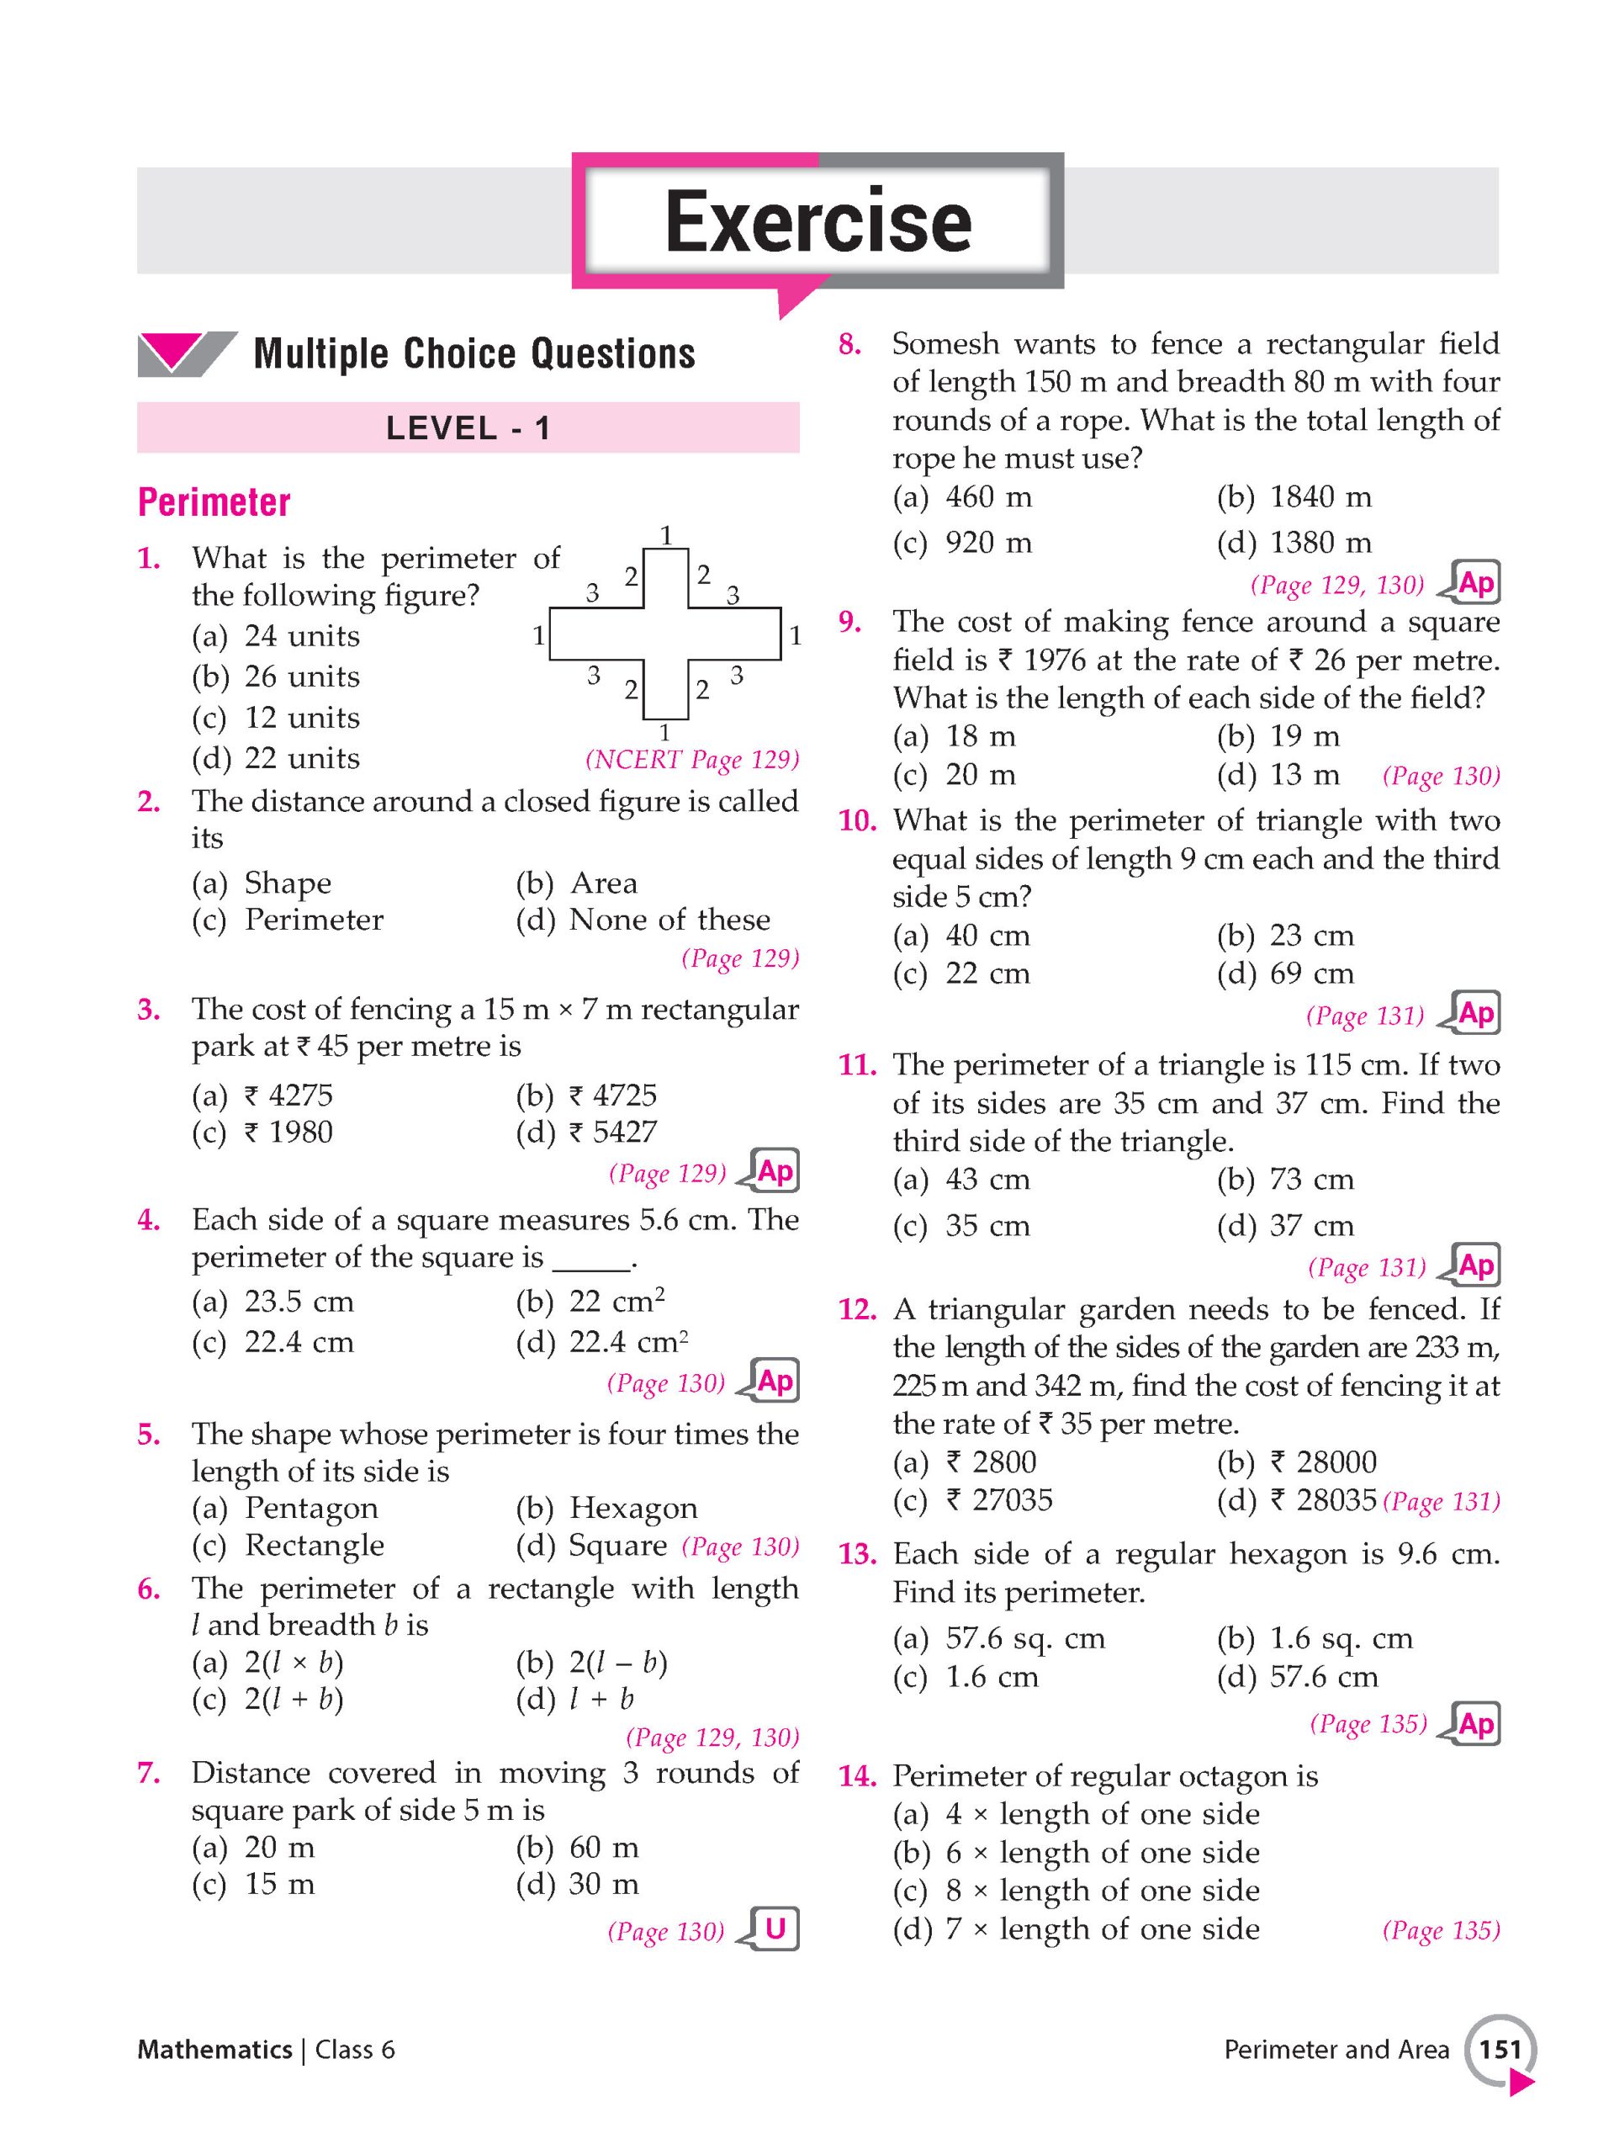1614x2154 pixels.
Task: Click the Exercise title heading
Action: pyautogui.click(x=818, y=222)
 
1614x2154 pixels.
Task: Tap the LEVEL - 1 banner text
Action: pyautogui.click(x=468, y=427)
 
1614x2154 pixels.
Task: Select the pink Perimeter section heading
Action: pyautogui.click(x=214, y=502)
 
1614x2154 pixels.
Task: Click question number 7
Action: pyautogui.click(x=148, y=1773)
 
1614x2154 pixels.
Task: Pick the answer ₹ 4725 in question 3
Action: pyautogui.click(x=612, y=1096)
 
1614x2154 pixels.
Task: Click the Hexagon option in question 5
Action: pyautogui.click(x=632, y=1508)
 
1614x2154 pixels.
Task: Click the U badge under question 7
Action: pyautogui.click(x=775, y=1929)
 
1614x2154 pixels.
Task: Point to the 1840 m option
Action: pyautogui.click(x=1320, y=497)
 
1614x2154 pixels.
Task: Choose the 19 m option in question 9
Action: pyautogui.click(x=1304, y=736)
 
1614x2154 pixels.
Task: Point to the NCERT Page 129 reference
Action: pyautogui.click(x=692, y=760)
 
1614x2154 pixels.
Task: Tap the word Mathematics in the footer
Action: pyautogui.click(x=214, y=2050)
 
